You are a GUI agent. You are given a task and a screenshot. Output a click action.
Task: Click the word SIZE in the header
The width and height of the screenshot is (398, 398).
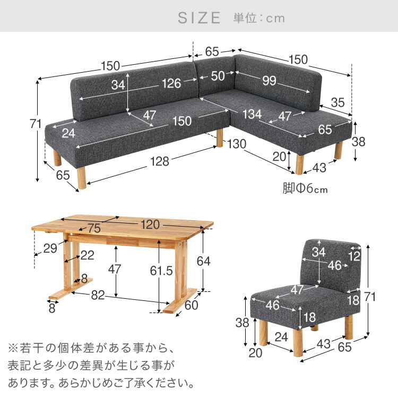tap(199, 18)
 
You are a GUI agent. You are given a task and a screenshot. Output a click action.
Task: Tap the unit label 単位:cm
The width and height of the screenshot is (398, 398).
tap(259, 18)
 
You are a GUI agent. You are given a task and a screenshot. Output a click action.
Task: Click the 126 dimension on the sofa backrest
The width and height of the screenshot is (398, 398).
tap(171, 83)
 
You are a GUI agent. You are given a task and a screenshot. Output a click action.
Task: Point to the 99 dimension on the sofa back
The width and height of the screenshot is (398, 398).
tap(269, 81)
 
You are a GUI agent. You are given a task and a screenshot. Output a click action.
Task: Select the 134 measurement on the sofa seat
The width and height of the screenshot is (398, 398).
tap(252, 114)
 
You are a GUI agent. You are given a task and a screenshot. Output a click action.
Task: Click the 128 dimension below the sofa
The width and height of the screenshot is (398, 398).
tap(160, 161)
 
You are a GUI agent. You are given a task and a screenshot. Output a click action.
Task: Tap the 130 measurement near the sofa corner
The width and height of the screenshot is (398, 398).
tap(237, 144)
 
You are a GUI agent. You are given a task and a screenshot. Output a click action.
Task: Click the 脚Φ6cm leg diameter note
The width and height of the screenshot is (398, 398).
tap(305, 188)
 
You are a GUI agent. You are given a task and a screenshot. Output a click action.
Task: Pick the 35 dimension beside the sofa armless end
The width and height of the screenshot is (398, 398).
tap(338, 102)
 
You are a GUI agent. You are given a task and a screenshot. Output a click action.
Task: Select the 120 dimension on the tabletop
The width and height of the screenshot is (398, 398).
tap(150, 224)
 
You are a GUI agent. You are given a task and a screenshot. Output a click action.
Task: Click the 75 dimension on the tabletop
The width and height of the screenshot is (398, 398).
tap(94, 228)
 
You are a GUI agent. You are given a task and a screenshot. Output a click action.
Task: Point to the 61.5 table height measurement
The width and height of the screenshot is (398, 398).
tap(161, 271)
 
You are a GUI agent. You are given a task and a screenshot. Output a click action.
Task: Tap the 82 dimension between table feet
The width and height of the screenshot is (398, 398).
tap(98, 295)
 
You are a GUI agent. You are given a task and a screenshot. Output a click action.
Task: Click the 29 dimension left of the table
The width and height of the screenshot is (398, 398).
tap(50, 248)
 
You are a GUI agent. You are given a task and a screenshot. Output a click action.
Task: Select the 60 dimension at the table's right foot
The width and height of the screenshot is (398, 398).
tap(192, 305)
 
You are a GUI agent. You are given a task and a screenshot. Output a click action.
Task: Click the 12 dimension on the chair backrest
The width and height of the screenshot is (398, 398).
tap(354, 256)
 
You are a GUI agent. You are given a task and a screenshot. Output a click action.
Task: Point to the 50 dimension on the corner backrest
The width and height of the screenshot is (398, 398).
tap(218, 76)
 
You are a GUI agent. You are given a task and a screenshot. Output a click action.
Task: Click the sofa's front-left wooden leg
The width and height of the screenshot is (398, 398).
tap(82, 178)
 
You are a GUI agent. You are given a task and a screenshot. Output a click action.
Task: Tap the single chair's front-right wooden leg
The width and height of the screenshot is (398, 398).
tap(298, 343)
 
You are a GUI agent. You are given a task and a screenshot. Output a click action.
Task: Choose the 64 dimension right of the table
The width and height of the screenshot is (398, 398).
tap(204, 261)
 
